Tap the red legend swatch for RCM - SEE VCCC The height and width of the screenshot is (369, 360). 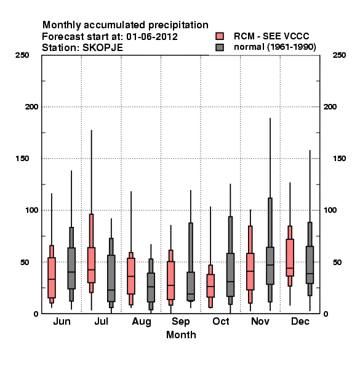220,36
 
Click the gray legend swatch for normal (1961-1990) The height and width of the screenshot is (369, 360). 220,47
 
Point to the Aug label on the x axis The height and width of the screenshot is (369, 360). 142,322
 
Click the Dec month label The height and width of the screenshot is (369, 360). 300,321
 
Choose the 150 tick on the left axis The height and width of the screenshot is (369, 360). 22,159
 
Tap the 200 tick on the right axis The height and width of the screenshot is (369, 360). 330,107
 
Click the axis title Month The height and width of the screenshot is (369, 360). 181,335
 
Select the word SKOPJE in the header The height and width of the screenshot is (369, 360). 103,48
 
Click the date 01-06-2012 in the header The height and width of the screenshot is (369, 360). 152,37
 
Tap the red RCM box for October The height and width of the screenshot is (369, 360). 210,286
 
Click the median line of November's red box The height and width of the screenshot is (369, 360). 250,271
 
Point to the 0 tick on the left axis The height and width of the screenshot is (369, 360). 36,314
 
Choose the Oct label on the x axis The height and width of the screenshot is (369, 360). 221,321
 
